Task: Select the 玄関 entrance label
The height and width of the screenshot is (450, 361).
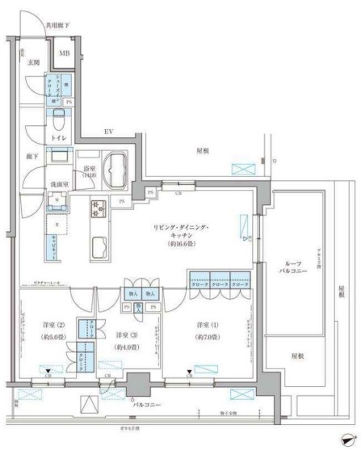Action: (x=34, y=61)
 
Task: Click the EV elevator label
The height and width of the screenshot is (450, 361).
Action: (x=107, y=131)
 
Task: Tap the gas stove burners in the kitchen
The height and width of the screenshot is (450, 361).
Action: (x=99, y=210)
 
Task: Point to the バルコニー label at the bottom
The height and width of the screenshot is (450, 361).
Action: (x=146, y=401)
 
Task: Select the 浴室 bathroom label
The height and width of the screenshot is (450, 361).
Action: (x=89, y=169)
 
